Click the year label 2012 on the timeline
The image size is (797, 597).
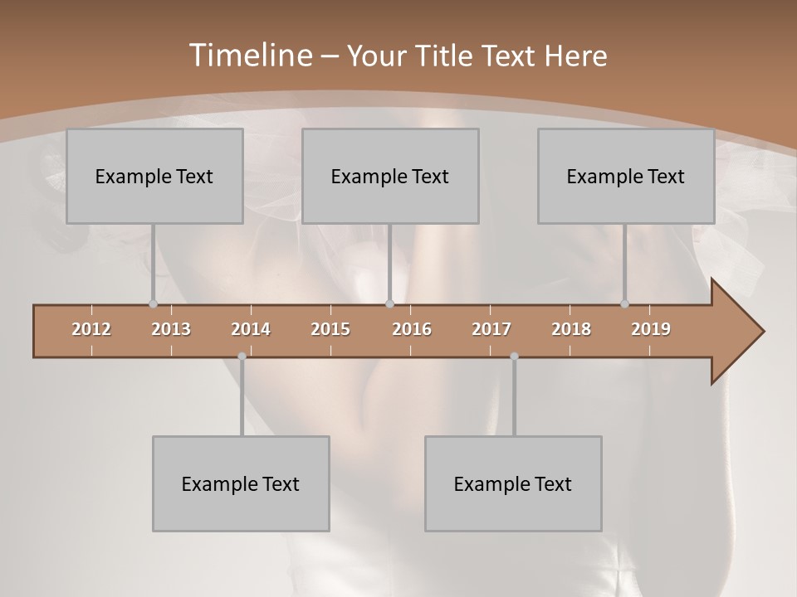coord(91,329)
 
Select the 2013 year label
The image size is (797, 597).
coord(171,329)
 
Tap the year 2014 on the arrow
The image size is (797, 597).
coord(251,329)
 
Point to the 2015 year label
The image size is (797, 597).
coord(330,329)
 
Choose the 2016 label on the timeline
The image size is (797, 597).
coord(412,329)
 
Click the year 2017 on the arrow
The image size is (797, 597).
coord(491,329)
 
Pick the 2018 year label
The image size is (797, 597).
coord(571,329)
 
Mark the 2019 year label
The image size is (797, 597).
coord(651,329)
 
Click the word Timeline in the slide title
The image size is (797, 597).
coord(248,56)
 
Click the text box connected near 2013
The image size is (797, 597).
coord(154,176)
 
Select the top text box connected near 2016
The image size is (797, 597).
coord(390,176)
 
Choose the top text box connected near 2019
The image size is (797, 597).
coord(626,176)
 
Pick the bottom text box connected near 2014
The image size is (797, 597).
coord(241,483)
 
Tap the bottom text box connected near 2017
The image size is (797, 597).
coord(513,483)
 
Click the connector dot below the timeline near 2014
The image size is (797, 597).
coord(242,357)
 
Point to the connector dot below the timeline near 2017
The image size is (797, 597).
coord(514,357)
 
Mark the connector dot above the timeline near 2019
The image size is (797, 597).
coord(624,303)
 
